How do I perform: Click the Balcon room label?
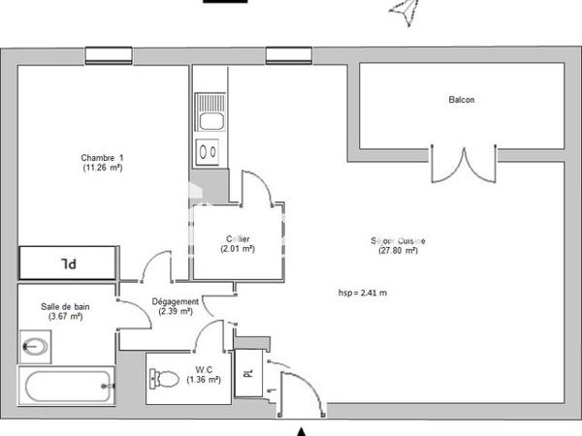(x=461, y=100)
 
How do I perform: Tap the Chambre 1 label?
(x=102, y=157)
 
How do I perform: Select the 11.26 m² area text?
(x=102, y=168)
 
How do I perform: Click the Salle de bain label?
(x=65, y=307)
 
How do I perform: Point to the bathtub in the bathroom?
(x=67, y=388)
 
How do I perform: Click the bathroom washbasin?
(x=37, y=345)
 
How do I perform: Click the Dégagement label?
(x=176, y=301)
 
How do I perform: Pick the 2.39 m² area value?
(x=176, y=312)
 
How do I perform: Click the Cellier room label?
(x=238, y=238)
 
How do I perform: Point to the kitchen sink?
(x=209, y=111)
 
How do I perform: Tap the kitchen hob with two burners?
(x=208, y=151)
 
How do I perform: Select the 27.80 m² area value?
(x=398, y=251)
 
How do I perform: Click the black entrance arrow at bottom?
(x=302, y=429)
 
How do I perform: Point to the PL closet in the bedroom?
(x=68, y=263)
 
